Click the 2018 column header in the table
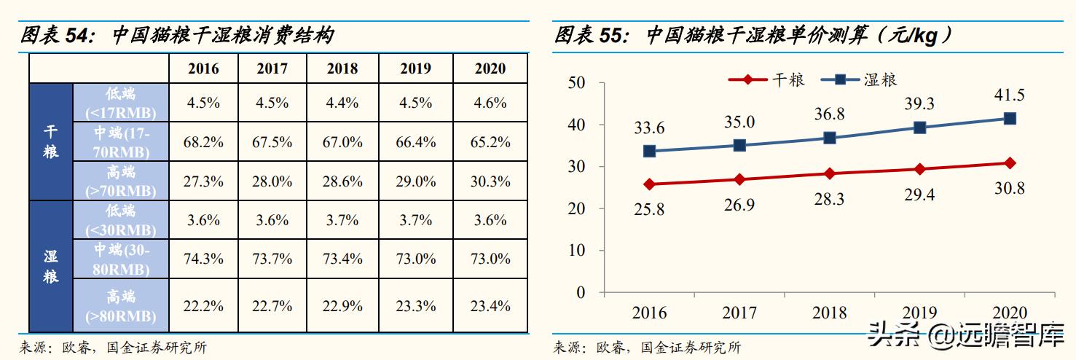click(342, 69)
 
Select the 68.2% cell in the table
click(203, 142)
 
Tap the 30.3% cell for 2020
click(490, 181)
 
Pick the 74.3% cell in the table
click(203, 259)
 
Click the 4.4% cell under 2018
click(342, 103)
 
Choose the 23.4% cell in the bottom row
click(490, 306)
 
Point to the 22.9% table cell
click(342, 306)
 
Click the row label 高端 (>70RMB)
click(120, 181)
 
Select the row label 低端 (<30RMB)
click(120, 220)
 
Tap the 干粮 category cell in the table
click(51, 142)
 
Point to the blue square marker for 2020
click(1010, 118)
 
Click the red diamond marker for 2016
click(649, 184)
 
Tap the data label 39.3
click(919, 104)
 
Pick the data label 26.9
click(739, 206)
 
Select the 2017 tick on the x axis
click(739, 313)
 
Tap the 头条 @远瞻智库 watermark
click(965, 337)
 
